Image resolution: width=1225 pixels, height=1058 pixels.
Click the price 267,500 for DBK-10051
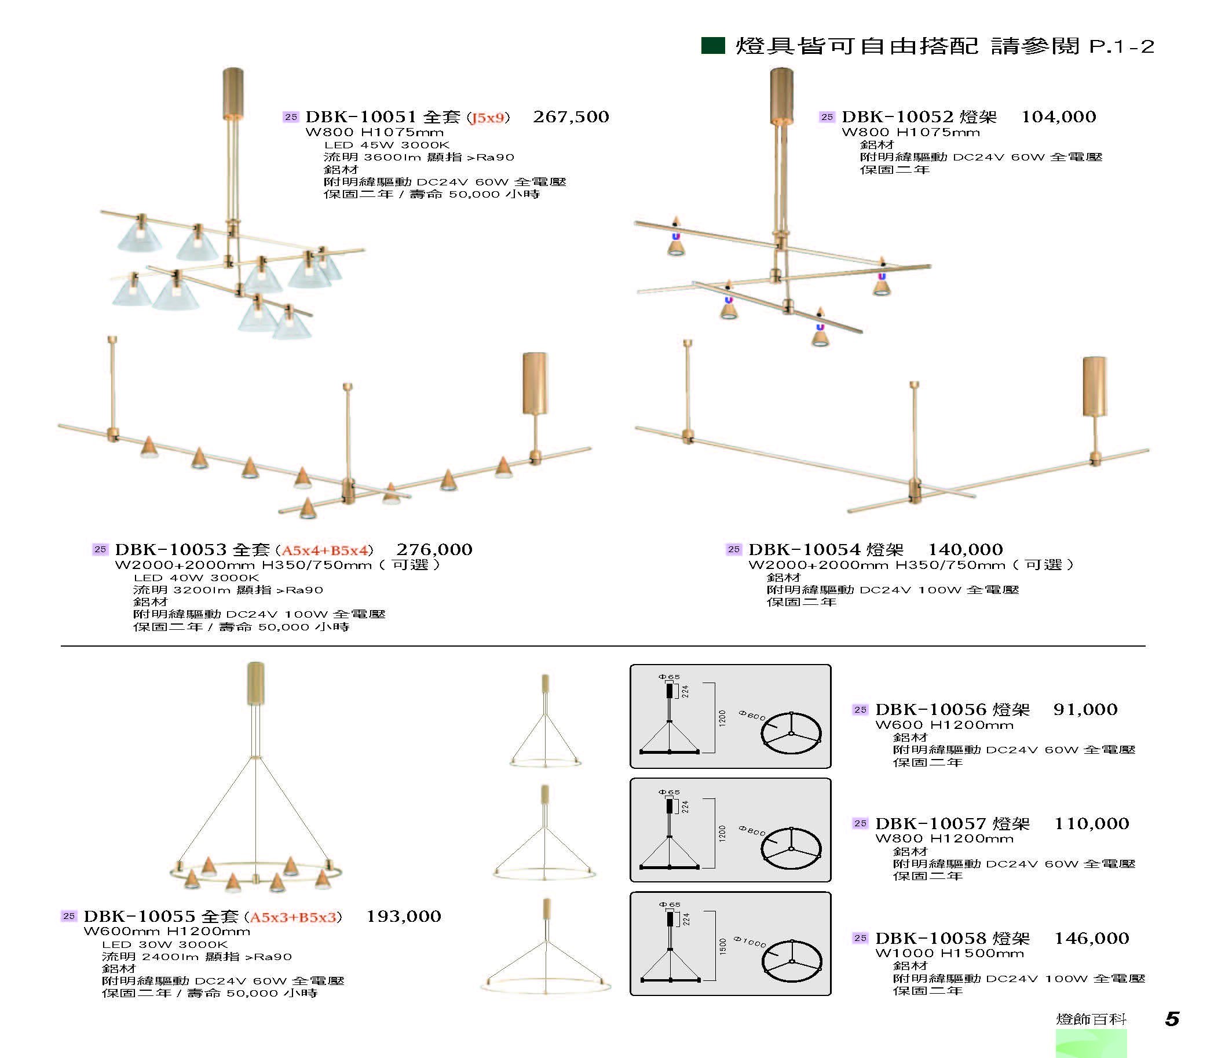coord(571,116)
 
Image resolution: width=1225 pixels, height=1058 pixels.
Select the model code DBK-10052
coord(898,116)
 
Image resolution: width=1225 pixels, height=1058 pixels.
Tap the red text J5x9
coord(488,118)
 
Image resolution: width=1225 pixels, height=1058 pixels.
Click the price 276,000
coord(434,549)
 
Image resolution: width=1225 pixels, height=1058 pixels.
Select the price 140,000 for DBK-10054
coord(965,549)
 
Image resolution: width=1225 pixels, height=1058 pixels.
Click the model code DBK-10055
coord(139,916)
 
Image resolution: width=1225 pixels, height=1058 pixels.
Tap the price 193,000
coord(403,916)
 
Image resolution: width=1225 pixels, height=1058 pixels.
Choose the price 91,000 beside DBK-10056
coord(1085,709)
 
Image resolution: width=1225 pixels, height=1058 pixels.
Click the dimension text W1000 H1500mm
coord(949,953)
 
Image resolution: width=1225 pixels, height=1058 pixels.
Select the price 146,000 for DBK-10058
coord(1091,938)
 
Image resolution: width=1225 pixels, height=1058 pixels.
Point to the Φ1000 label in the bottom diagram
coord(749,941)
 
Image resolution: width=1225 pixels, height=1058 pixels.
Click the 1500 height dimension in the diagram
coord(722,946)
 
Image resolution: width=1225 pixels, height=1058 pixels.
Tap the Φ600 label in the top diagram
coord(751,716)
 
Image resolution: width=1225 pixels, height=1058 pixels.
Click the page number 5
coord(1172,1019)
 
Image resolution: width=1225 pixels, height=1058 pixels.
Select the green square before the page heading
coord(713,46)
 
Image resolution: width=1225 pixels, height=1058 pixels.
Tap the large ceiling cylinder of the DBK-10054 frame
coord(1094,387)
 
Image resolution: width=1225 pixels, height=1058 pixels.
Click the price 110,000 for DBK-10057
coord(1091,823)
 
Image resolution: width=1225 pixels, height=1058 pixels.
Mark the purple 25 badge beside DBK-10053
coord(100,549)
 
